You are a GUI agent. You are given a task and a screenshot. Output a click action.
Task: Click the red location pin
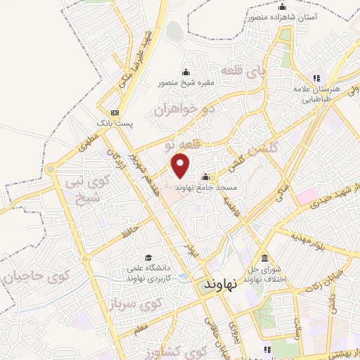(181, 166)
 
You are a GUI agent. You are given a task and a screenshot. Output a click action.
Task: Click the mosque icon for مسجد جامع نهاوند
(205, 176)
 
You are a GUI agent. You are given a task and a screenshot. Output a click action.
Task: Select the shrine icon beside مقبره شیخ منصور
(186, 71)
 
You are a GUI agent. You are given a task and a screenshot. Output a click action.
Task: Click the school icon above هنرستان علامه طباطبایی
(316, 77)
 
